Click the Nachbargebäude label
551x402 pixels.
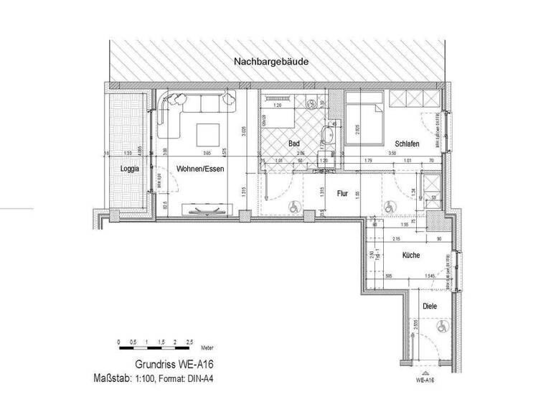click(x=271, y=62)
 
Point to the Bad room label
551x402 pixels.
click(x=293, y=144)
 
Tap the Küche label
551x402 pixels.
click(x=410, y=255)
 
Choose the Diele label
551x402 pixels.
click(x=430, y=306)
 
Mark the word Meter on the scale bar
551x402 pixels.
click(x=208, y=345)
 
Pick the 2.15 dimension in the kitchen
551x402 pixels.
click(x=397, y=238)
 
